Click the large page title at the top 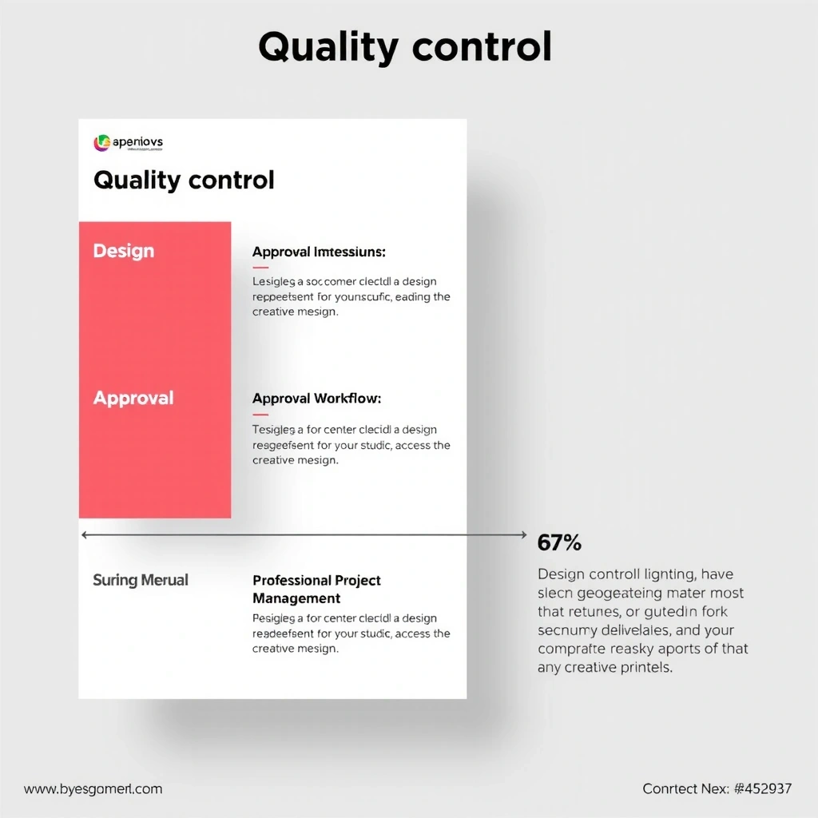point(405,48)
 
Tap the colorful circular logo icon point(101,143)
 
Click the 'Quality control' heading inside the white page point(184,180)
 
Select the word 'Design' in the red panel point(124,251)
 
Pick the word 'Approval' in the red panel point(133,398)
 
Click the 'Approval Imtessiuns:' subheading point(319,252)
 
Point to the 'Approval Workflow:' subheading point(316,398)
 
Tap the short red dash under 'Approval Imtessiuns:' point(260,268)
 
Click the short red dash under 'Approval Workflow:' point(260,415)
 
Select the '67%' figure point(559,543)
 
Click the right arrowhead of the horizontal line point(523,534)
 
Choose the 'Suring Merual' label point(141,580)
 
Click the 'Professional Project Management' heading point(316,589)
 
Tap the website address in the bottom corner point(93,788)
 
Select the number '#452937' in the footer point(762,788)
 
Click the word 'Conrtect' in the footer point(670,788)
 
